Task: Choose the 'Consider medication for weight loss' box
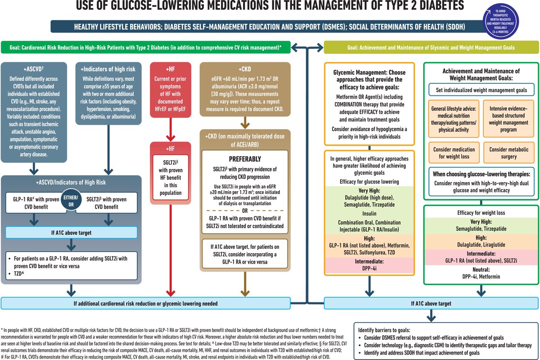[x=454, y=153]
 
